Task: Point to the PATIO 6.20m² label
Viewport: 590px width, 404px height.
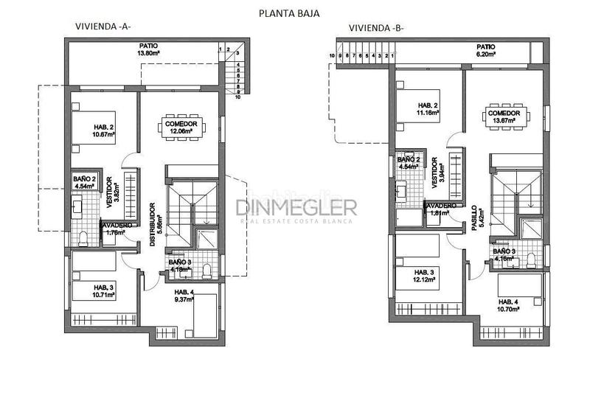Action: coord(485,50)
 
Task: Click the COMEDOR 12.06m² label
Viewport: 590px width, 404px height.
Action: coord(181,128)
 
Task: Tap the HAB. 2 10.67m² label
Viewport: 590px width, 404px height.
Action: coord(103,130)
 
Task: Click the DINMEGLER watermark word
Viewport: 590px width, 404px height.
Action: coord(296,206)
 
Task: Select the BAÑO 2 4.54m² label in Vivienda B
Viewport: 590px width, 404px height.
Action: coord(409,164)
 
